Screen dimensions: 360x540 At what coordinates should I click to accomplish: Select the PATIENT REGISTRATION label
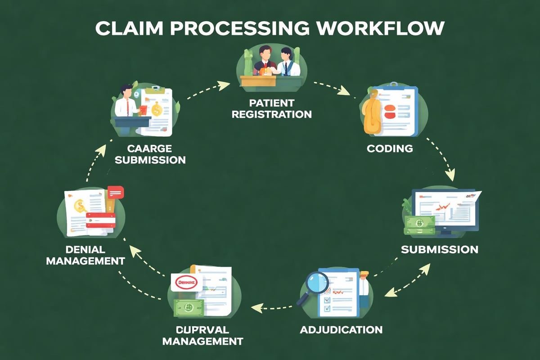click(271, 108)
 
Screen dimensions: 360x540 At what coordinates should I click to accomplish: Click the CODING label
click(390, 148)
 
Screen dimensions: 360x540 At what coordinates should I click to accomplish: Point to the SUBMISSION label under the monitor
click(439, 249)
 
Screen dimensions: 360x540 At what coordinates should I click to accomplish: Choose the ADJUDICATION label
click(341, 329)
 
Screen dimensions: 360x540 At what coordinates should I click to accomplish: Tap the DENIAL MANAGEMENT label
click(85, 255)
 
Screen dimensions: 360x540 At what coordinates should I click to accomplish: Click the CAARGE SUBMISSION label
click(150, 154)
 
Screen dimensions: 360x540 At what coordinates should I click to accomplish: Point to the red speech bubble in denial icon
click(116, 192)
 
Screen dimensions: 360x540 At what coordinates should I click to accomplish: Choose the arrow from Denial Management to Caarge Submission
click(94, 162)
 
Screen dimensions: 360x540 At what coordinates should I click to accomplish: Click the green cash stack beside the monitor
click(419, 225)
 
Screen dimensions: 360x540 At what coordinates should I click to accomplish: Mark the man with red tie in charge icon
click(126, 103)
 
